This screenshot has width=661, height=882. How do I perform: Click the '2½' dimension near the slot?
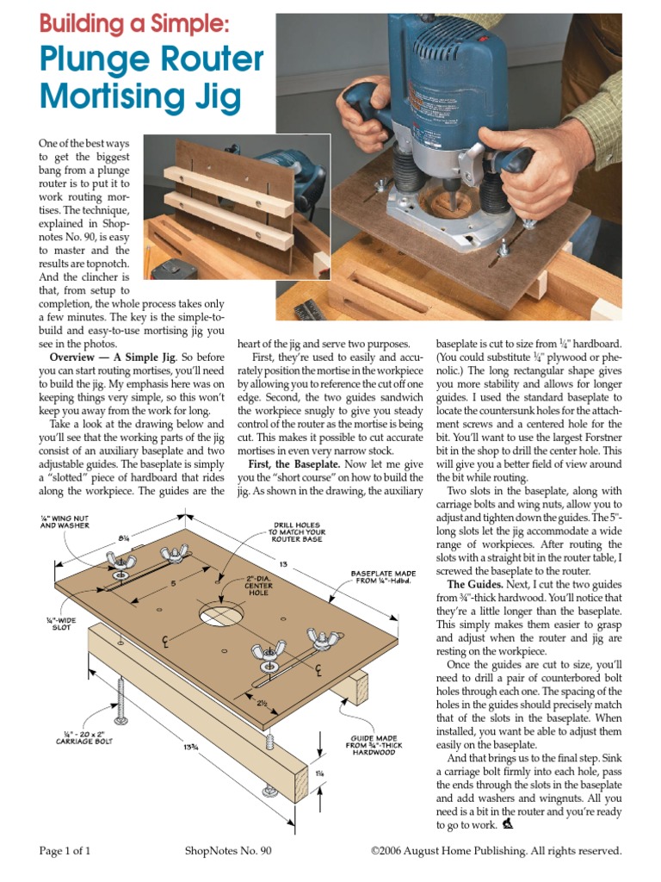pos(263,703)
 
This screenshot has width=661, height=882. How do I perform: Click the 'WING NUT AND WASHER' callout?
pos(66,520)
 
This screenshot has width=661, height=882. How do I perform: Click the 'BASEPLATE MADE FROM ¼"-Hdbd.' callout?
pos(384,577)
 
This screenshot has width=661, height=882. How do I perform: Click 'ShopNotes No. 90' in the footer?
pos(228,851)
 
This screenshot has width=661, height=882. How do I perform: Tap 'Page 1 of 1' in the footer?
pos(65,851)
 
